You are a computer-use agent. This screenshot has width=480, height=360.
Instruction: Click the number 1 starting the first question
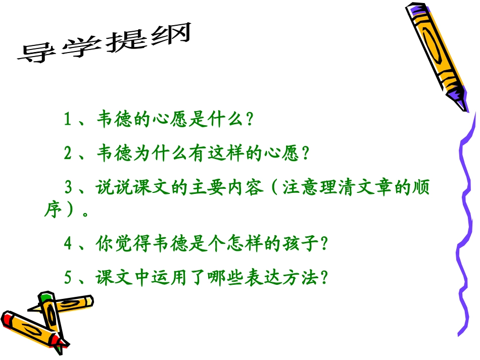tap(67, 120)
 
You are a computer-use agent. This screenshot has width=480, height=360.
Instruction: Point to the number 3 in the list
tap(69, 188)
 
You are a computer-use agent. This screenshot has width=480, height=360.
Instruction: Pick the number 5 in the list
tap(69, 278)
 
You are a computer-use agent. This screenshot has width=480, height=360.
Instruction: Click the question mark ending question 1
tap(248, 120)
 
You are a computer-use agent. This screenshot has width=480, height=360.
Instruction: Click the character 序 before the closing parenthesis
tap(53, 210)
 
